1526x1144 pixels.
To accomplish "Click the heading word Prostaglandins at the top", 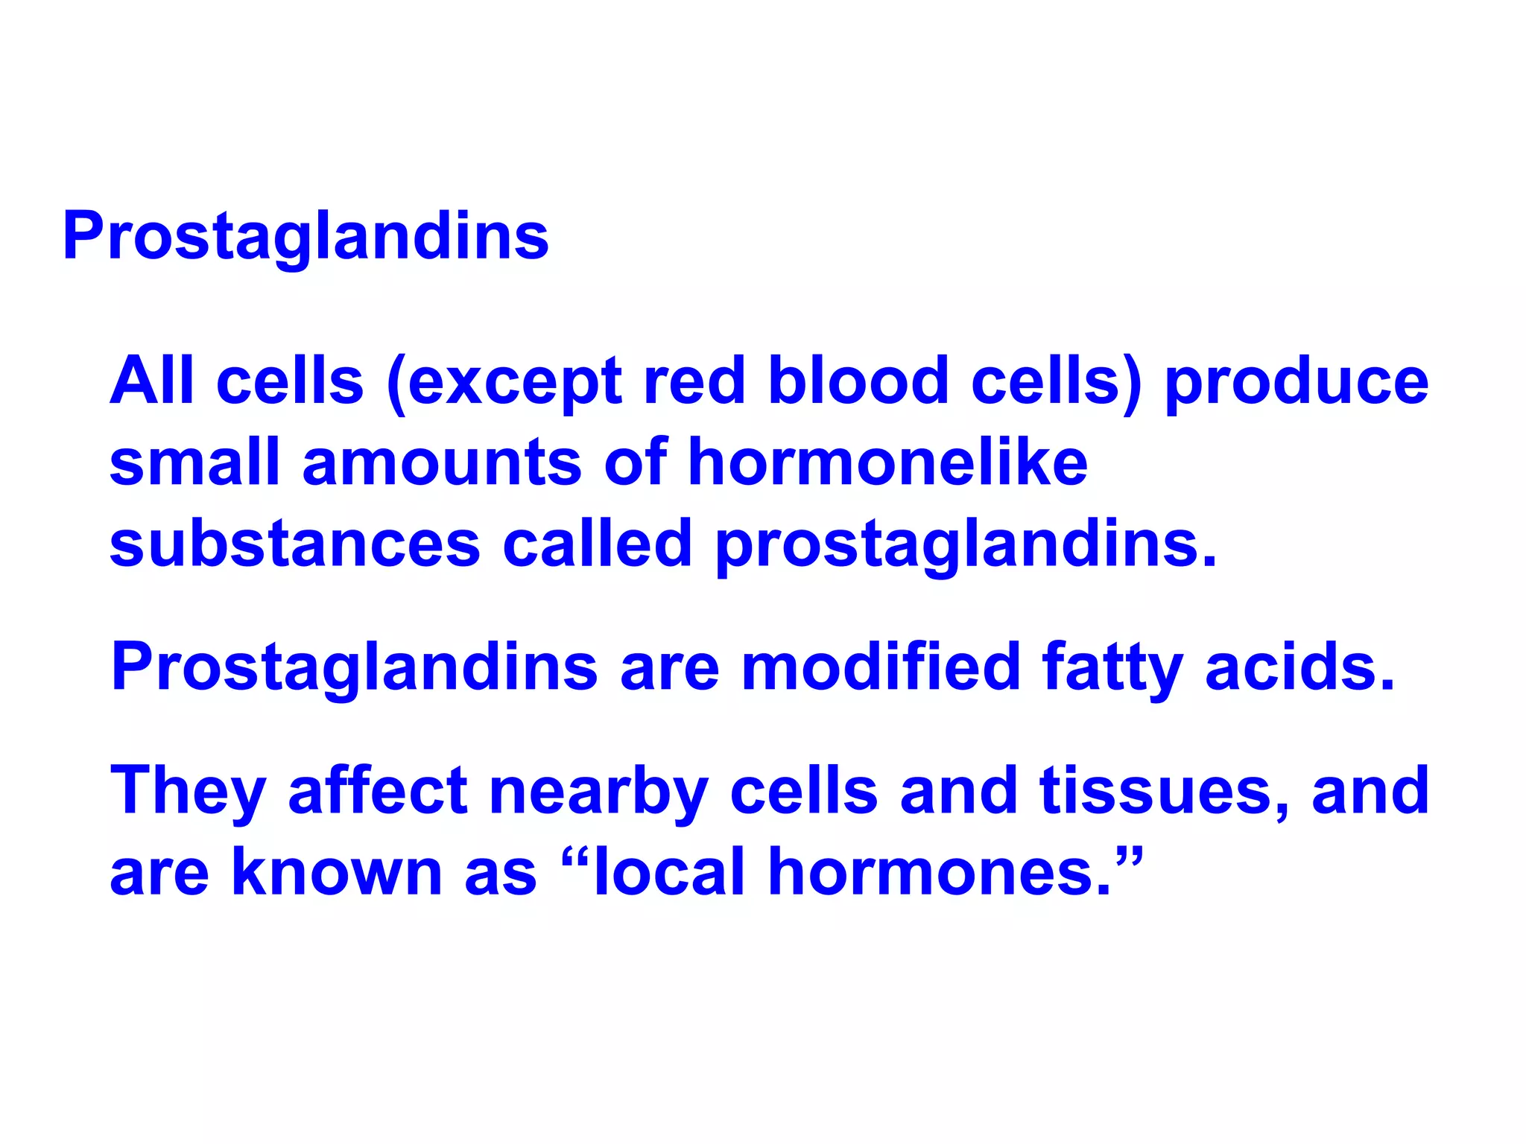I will [305, 236].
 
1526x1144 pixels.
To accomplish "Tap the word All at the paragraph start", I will [152, 381].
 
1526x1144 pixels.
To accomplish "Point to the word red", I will [694, 381].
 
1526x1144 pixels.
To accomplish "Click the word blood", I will [858, 381].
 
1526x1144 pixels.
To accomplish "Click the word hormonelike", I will [887, 462].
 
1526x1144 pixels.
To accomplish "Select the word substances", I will [295, 544].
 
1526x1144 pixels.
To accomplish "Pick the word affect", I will [378, 790].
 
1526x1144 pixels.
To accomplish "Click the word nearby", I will [598, 792].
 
